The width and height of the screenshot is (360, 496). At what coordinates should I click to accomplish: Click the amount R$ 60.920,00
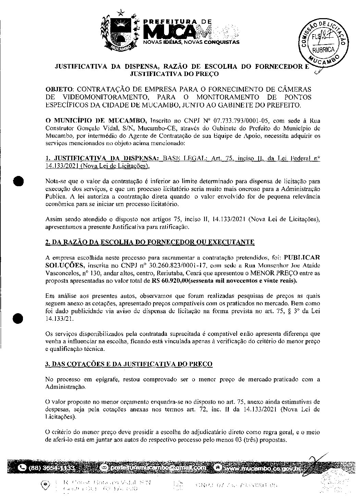170,281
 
